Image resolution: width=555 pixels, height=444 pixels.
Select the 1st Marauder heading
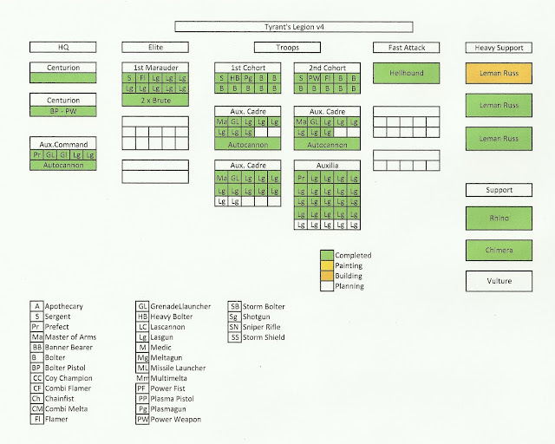157,67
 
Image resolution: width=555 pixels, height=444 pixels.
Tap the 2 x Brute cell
157,101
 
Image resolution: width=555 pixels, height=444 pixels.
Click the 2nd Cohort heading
327,67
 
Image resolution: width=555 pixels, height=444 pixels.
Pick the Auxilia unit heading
327,164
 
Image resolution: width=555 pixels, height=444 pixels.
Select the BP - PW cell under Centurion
62,111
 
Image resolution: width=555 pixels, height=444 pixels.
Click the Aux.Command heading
62,143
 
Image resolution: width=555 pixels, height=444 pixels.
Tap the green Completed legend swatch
327,255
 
